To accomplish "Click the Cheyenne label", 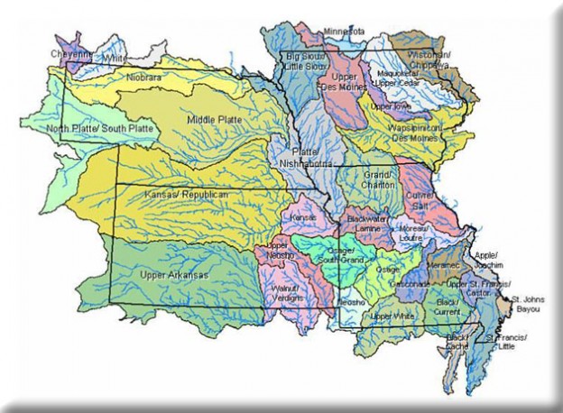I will pos(71,53).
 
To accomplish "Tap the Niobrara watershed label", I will pos(145,77).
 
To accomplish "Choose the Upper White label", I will pos(392,317).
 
